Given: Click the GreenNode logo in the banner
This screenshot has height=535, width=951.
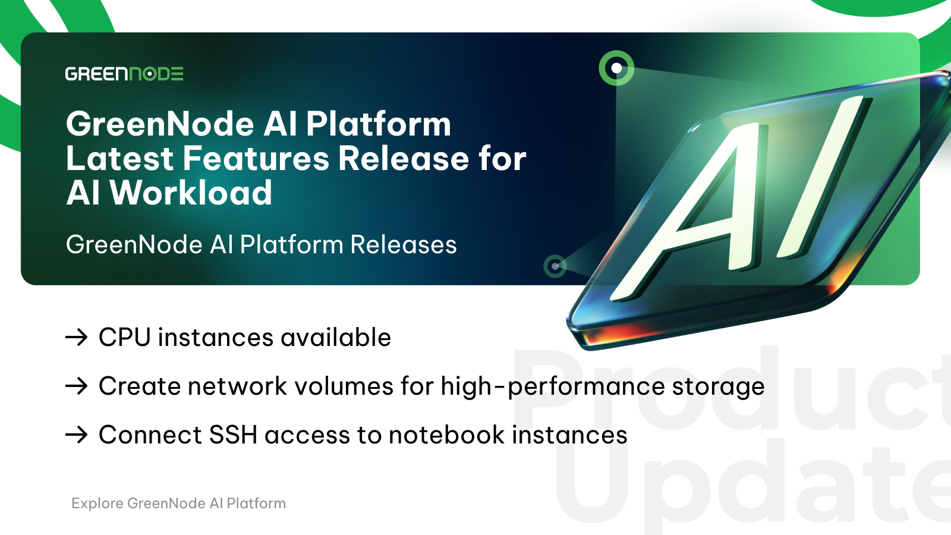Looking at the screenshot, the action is [124, 74].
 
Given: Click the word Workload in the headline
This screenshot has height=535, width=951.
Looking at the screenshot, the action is [191, 193].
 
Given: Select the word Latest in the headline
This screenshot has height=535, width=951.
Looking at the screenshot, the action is [119, 158].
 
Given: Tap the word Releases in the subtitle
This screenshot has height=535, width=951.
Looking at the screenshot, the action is [404, 244].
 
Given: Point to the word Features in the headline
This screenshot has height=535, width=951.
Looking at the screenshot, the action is [256, 158].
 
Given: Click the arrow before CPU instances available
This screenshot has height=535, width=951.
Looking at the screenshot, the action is [77, 338].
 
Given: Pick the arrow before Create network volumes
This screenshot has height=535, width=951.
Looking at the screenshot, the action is [77, 386].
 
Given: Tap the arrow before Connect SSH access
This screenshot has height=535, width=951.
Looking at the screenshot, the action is [77, 435].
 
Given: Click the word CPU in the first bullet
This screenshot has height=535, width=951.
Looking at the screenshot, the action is [125, 338].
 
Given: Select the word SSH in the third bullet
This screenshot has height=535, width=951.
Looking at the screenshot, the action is [233, 435].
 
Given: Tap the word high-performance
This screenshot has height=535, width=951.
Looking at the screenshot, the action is [553, 387].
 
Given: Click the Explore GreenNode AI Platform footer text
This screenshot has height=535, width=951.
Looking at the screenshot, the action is [179, 503].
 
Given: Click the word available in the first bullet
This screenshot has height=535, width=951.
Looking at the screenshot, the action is [336, 338].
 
